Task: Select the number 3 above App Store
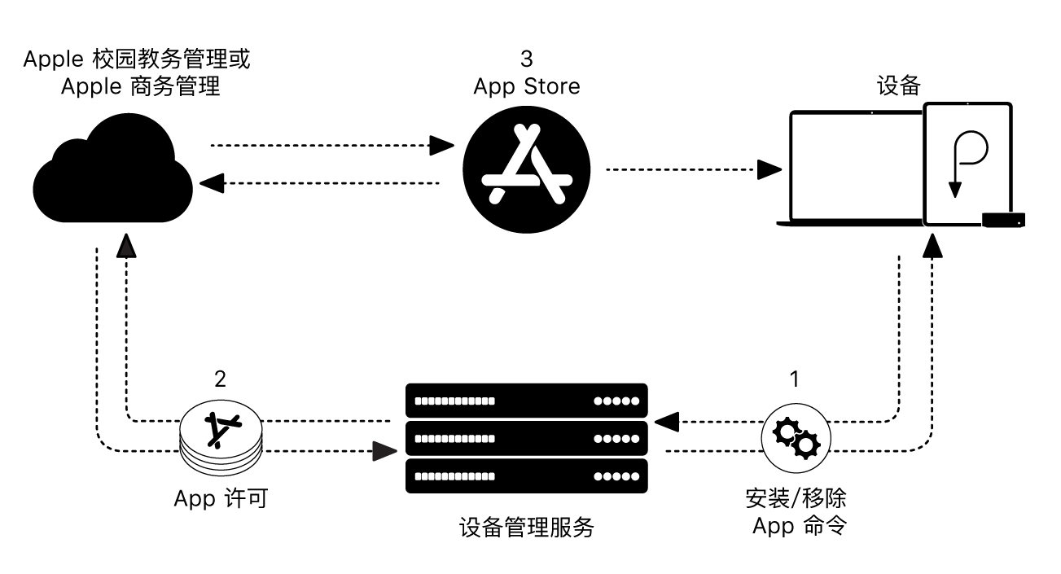[527, 59]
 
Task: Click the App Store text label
[527, 85]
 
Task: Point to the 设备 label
[898, 86]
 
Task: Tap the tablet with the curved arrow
[967, 163]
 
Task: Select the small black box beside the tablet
[1003, 218]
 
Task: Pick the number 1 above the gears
[795, 379]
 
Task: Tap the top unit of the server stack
[526, 401]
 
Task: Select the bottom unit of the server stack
[526, 476]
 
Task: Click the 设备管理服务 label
[526, 529]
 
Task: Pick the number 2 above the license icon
[220, 379]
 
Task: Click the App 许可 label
[220, 498]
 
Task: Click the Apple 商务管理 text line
[140, 85]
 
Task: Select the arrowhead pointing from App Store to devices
[769, 169]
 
